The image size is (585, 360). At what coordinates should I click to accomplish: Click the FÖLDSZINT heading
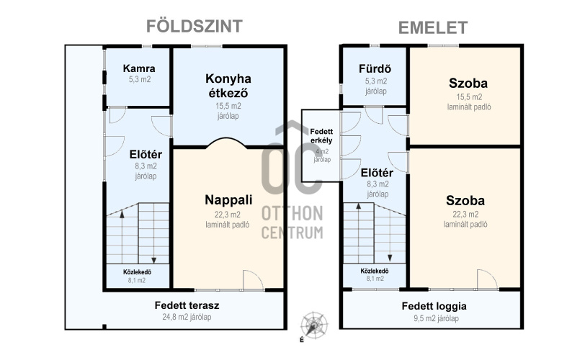click(x=195, y=26)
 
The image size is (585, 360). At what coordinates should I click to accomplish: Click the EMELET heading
click(x=433, y=28)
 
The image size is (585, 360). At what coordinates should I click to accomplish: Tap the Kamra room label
click(x=139, y=68)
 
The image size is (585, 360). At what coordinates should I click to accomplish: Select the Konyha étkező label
click(x=228, y=86)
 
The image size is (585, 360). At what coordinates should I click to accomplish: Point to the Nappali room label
click(x=228, y=200)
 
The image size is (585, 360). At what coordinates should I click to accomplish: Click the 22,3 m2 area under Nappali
click(x=227, y=215)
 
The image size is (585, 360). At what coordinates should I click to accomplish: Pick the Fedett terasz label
click(x=187, y=305)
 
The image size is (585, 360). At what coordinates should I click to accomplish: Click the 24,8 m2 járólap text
click(x=187, y=317)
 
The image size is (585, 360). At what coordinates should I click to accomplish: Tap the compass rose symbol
click(x=315, y=325)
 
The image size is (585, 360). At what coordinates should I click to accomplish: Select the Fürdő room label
click(x=375, y=69)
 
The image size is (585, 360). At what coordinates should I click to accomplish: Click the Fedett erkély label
click(x=321, y=136)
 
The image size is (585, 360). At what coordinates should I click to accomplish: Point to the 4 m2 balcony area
click(x=322, y=152)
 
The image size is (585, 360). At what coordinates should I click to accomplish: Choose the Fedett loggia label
click(x=434, y=306)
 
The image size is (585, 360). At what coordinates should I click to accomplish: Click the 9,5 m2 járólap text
click(x=436, y=319)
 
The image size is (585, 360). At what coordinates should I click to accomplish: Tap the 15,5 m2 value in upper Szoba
click(x=469, y=97)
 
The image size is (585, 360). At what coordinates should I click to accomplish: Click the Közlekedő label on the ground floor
click(x=137, y=272)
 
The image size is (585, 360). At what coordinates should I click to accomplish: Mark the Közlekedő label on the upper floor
click(x=375, y=271)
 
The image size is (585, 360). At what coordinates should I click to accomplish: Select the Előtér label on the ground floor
click(x=146, y=154)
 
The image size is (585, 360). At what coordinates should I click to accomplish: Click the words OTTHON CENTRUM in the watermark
click(x=292, y=222)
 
